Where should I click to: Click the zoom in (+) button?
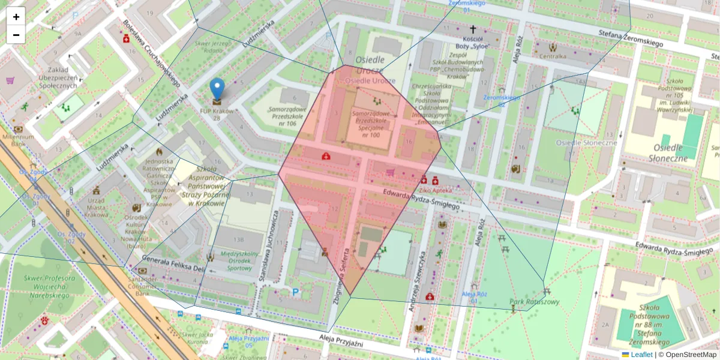(16, 17)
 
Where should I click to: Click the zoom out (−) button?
(16, 35)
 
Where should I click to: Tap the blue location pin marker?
(217, 89)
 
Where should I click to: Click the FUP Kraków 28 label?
(217, 114)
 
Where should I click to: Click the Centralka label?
(553, 57)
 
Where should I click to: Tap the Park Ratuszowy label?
(534, 302)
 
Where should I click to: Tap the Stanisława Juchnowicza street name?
(268, 246)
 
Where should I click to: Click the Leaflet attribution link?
(640, 355)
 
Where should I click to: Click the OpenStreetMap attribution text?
(687, 355)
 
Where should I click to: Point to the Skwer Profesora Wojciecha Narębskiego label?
(49, 287)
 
